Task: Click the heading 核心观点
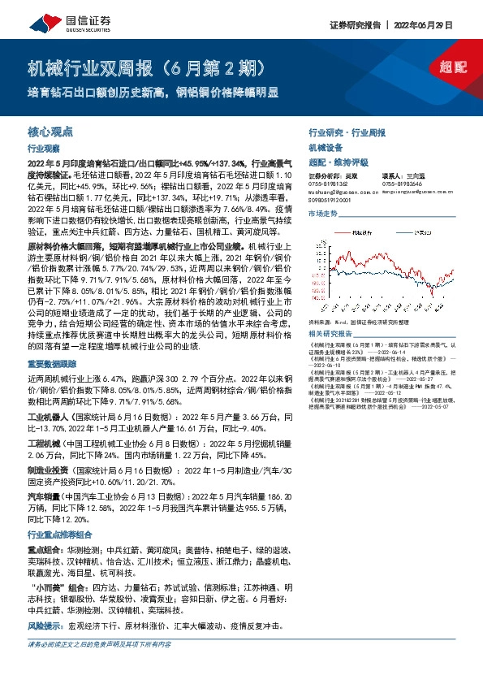(51, 130)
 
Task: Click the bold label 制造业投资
(46, 470)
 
